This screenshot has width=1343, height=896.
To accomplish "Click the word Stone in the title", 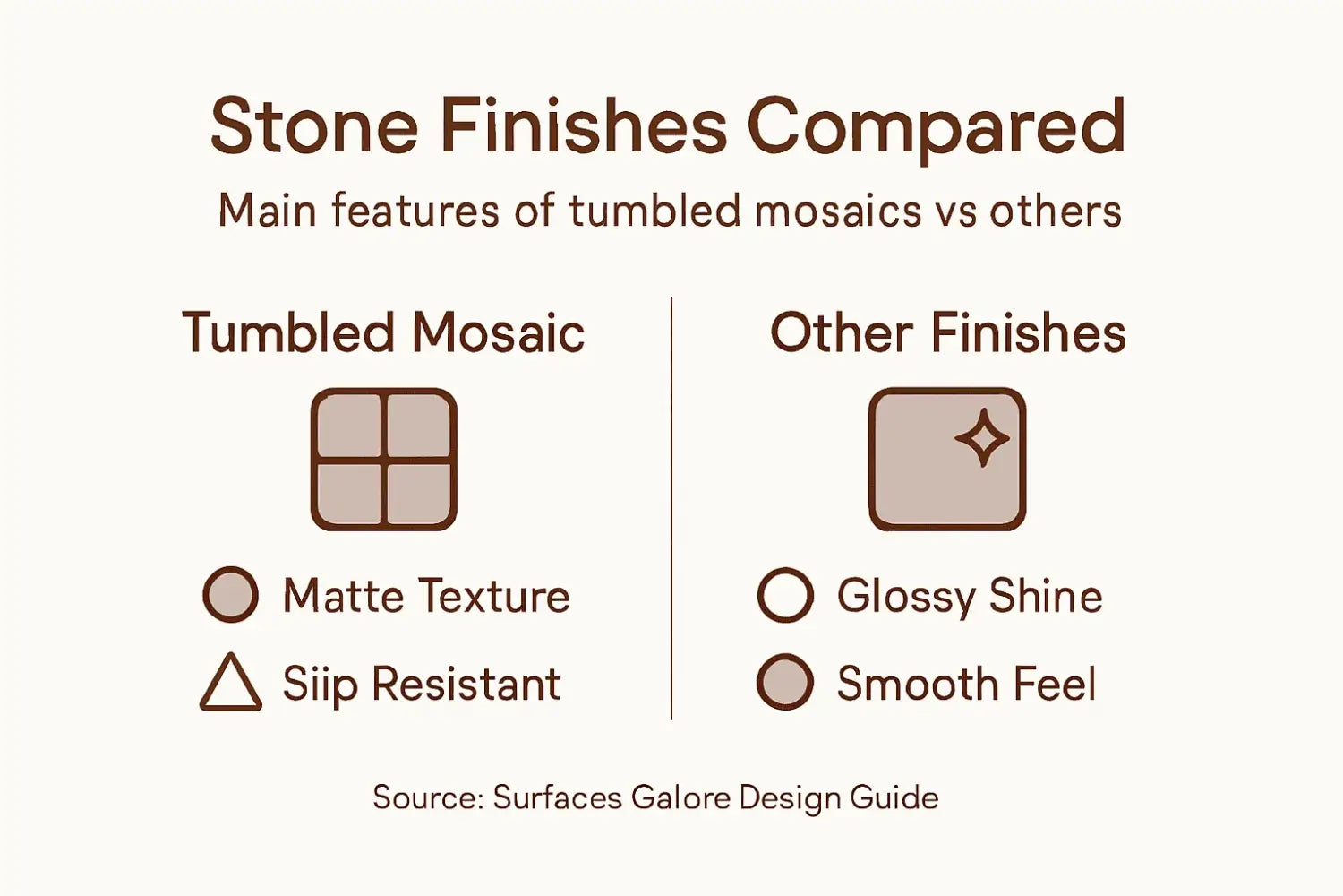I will click(x=313, y=125).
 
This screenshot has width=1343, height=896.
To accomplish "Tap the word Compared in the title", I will click(x=936, y=127).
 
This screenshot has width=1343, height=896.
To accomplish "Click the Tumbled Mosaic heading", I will click(x=383, y=332).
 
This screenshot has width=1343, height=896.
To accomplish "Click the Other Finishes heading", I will click(x=947, y=332).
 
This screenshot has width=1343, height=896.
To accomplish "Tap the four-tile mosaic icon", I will click(x=383, y=459).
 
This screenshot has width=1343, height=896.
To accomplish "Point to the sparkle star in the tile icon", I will click(x=981, y=438).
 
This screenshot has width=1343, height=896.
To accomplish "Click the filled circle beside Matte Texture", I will click(x=230, y=594).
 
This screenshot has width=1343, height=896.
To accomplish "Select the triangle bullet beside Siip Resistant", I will click(x=230, y=685).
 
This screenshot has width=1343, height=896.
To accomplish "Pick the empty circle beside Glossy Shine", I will click(x=785, y=594).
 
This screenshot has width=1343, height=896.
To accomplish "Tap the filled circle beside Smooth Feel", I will click(x=785, y=682).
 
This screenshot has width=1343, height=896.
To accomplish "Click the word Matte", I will click(x=344, y=596).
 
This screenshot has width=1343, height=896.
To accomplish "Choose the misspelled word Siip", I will click(x=321, y=685).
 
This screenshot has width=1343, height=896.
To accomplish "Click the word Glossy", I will click(x=906, y=597).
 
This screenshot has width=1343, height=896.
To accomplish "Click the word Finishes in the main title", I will click(x=583, y=125).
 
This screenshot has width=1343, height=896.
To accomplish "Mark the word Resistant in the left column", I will click(x=466, y=684).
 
